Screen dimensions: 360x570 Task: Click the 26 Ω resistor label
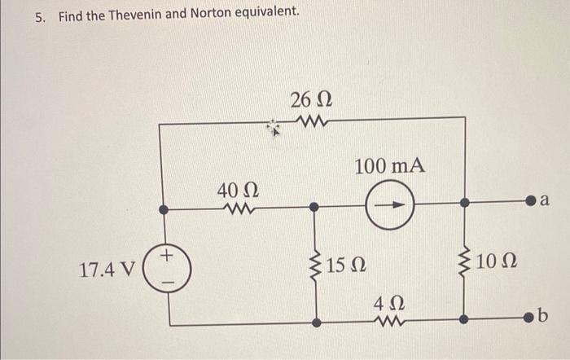tap(310, 101)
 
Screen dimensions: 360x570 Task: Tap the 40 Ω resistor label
tap(238, 191)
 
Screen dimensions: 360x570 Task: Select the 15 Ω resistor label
tap(347, 265)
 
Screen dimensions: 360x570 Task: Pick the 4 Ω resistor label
tap(384, 305)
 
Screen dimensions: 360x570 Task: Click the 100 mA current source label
tap(389, 165)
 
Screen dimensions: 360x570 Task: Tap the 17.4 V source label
tap(107, 269)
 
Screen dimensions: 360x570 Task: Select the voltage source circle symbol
tap(167, 268)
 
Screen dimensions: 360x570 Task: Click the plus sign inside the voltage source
tap(166, 257)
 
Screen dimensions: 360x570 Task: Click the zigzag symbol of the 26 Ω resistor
tap(310, 124)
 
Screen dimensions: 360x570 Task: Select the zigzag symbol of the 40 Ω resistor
tap(239, 209)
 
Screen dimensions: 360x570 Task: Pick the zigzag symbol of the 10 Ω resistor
tap(465, 263)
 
